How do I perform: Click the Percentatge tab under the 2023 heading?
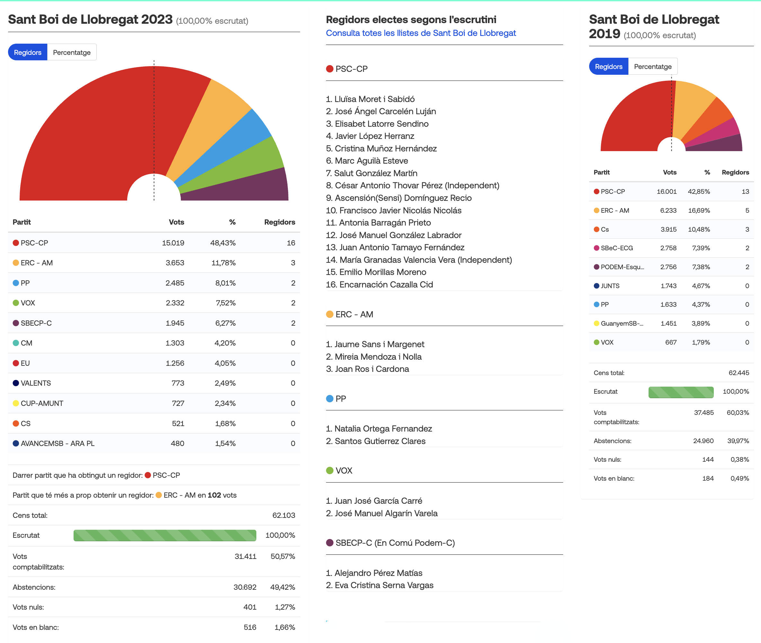(x=72, y=52)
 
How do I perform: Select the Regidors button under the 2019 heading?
(x=608, y=66)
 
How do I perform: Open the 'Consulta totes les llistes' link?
(x=421, y=33)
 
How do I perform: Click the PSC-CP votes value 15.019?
(x=173, y=243)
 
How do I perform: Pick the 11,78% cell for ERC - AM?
(x=223, y=263)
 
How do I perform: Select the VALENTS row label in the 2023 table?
(x=36, y=383)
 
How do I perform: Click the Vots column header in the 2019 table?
(x=670, y=172)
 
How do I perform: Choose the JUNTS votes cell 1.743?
(x=669, y=286)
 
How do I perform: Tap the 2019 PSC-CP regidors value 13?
(x=745, y=191)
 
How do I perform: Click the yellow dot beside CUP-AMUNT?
(x=16, y=403)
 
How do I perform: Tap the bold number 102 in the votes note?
(x=214, y=495)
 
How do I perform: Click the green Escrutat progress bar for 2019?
(x=681, y=392)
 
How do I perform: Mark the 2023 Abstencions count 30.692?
(x=245, y=587)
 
